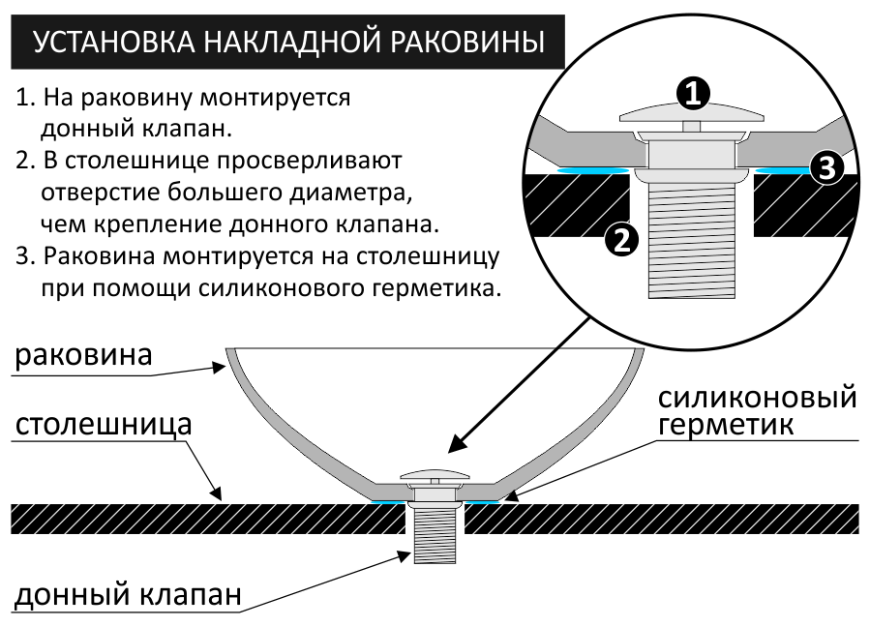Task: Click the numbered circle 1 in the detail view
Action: pos(691,93)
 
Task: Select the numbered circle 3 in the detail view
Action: pos(825,168)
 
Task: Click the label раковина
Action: pos(83,355)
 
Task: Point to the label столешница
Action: pos(103,425)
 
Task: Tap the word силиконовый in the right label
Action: pos(758,397)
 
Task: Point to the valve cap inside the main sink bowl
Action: pos(435,476)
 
